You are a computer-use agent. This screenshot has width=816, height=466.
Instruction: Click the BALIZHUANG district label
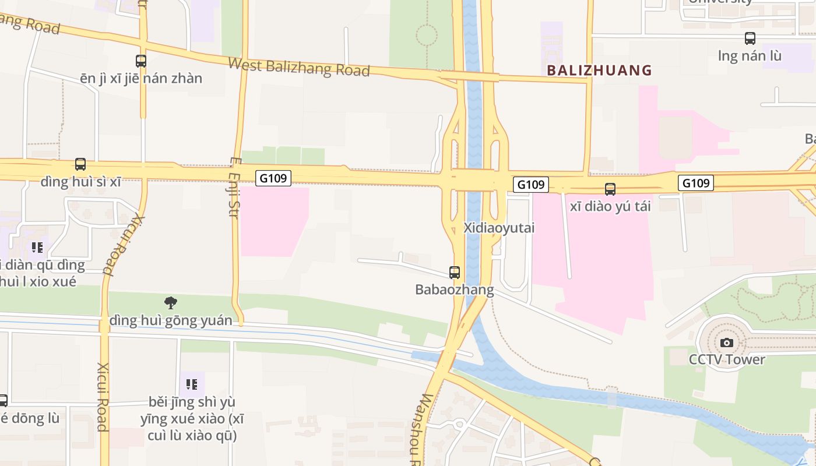599,70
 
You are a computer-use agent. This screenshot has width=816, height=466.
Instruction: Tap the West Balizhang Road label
298,67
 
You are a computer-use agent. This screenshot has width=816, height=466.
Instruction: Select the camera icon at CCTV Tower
726,343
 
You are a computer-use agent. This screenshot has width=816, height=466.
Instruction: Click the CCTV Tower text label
726,359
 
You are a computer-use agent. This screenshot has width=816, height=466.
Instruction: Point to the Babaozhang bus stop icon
455,272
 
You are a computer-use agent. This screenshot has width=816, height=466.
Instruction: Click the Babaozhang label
454,290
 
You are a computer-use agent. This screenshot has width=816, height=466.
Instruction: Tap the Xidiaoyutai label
499,228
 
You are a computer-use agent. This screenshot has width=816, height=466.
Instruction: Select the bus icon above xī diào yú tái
610,189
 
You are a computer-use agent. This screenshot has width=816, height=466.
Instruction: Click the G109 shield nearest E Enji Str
273,178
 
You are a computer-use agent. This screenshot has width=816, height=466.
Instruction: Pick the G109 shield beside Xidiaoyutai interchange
531,185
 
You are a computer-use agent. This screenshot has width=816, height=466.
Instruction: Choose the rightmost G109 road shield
696,183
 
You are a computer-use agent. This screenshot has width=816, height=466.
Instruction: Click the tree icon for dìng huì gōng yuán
170,302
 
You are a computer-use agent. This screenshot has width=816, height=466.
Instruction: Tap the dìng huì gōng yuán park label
170,320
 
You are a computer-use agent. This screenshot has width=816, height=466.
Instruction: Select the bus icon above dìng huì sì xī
80,164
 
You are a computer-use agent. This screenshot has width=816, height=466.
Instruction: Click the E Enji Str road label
234,187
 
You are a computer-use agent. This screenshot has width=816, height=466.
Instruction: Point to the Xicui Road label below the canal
103,397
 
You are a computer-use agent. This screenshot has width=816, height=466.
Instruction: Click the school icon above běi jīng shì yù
192,384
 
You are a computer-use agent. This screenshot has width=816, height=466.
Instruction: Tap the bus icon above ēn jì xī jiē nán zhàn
140,61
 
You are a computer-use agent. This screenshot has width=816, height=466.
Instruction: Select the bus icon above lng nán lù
750,38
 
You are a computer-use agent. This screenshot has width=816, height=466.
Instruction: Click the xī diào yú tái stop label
610,206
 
